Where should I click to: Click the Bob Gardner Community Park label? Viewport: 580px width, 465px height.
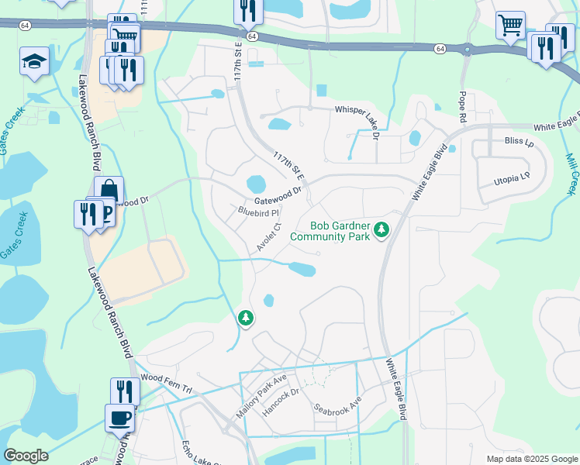[x=330, y=231]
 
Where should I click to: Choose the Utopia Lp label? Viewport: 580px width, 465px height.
[x=512, y=179]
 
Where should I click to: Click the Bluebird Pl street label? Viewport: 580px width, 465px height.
[x=257, y=211]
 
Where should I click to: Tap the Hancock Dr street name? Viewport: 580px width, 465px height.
[x=280, y=403]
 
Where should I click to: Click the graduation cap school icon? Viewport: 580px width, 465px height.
[x=34, y=61]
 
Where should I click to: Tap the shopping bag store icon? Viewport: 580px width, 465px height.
[x=109, y=189]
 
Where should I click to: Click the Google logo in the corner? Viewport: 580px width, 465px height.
[x=26, y=456]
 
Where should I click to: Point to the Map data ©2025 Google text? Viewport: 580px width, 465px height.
[x=531, y=459]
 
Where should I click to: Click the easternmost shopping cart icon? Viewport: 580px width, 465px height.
[x=510, y=25]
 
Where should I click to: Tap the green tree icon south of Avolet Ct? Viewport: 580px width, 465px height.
[x=246, y=317]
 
